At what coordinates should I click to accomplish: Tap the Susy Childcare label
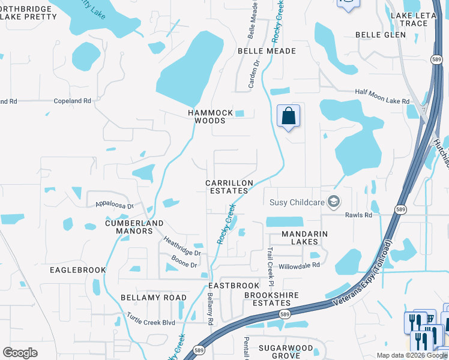point(297,202)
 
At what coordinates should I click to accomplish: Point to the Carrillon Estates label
point(229,187)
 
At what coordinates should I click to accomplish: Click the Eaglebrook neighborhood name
point(79,270)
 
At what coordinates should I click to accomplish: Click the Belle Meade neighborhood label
point(267,51)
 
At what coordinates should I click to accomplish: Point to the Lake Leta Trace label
point(417,19)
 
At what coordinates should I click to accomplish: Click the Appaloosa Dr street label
point(113,205)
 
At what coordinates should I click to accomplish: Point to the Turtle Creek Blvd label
point(151,319)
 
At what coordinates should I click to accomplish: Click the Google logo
point(20,353)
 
